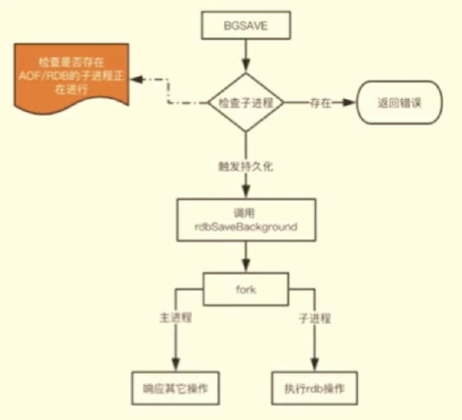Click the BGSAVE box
click(x=245, y=27)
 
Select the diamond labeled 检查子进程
click(x=245, y=103)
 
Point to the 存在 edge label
click(x=320, y=103)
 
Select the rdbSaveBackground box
click(x=245, y=220)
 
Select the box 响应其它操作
click(x=176, y=389)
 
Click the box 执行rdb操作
click(x=315, y=389)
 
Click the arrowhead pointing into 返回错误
click(x=350, y=103)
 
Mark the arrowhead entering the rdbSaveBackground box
click(x=245, y=192)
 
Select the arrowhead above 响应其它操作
click(x=176, y=364)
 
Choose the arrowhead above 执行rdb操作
click(x=315, y=364)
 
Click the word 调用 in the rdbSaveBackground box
click(x=245, y=213)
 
